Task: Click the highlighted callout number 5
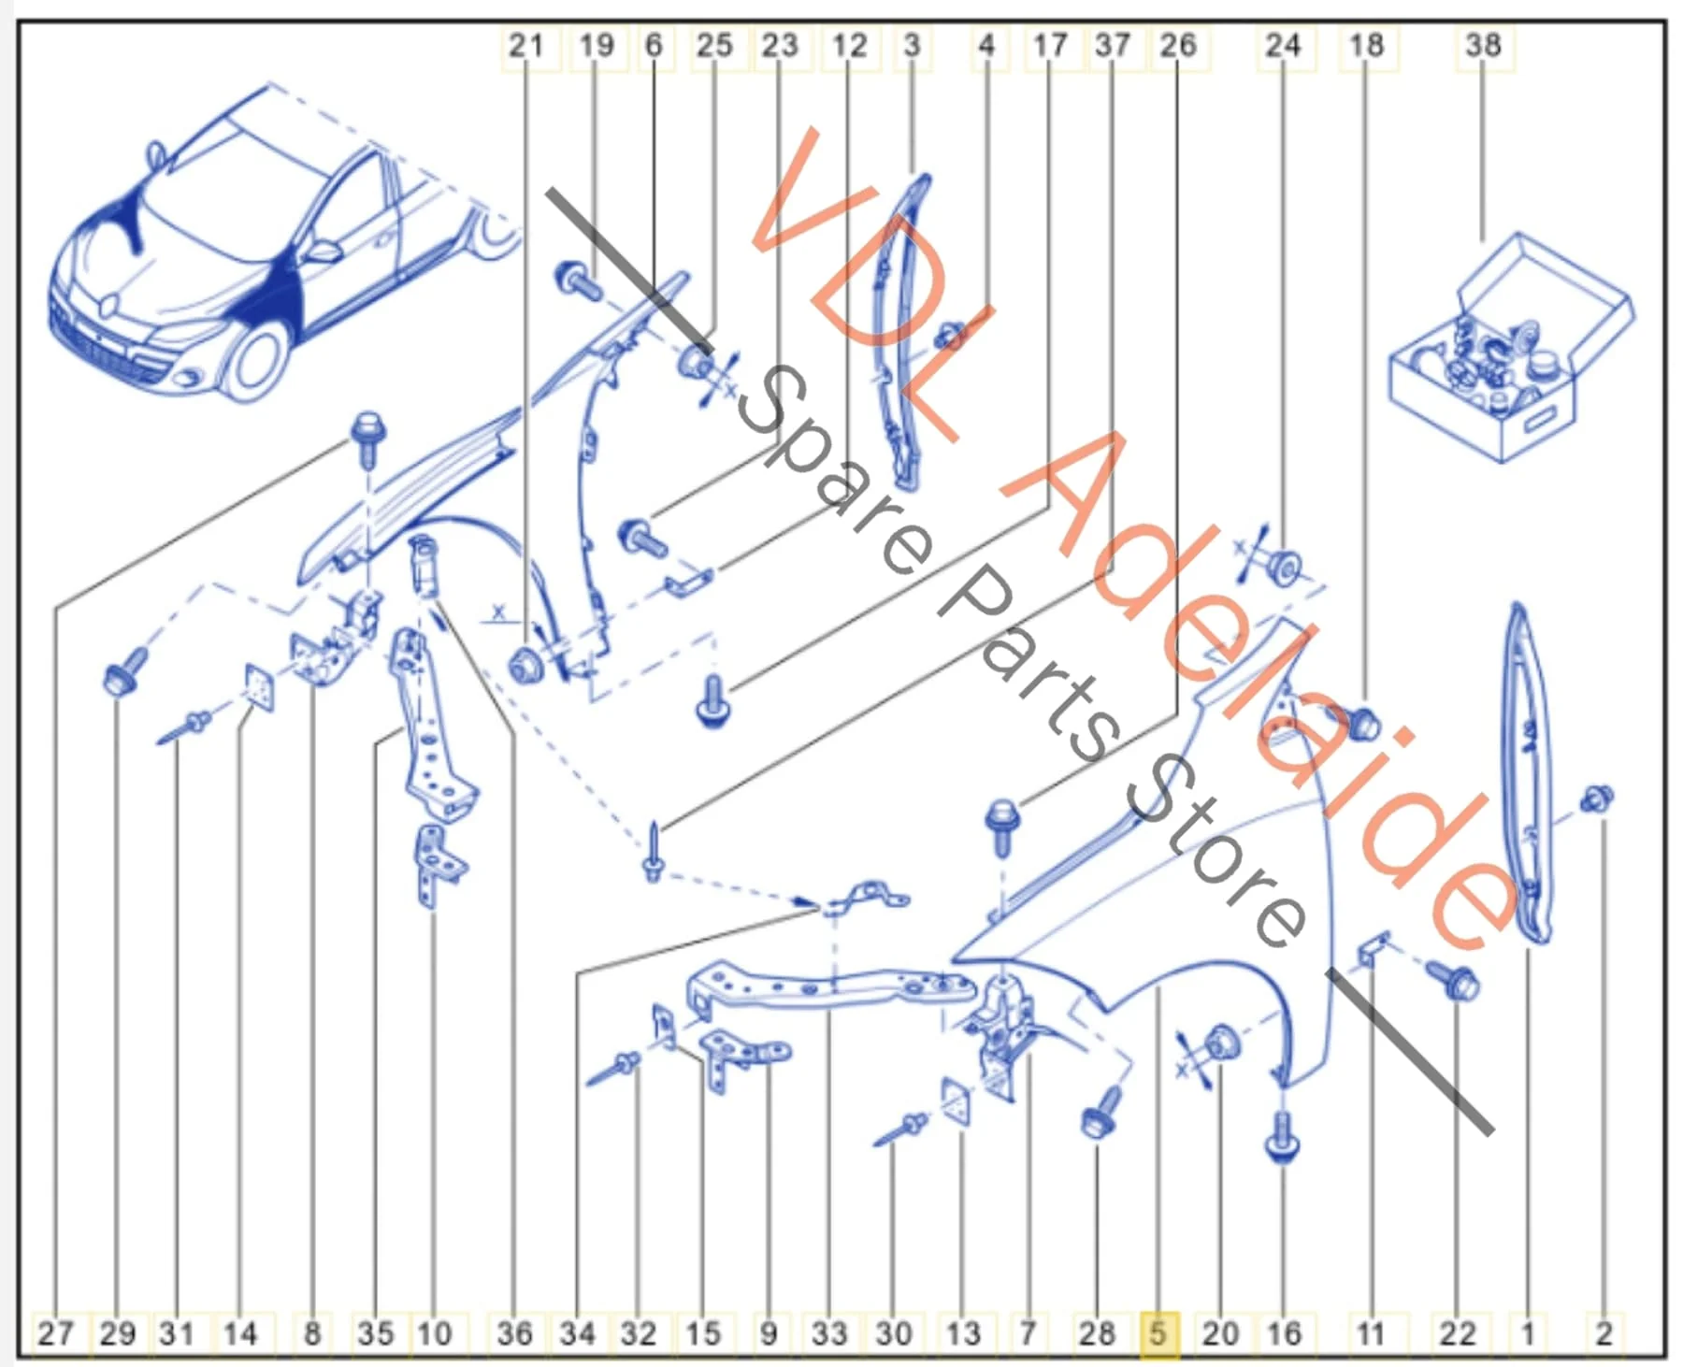pyautogui.click(x=1158, y=1331)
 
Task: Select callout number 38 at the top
pyautogui.click(x=1483, y=45)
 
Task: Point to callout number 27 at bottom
pyautogui.click(x=55, y=1331)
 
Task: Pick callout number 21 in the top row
pyautogui.click(x=525, y=45)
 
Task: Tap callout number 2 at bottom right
pyautogui.click(x=1604, y=1331)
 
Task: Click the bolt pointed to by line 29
pyautogui.click(x=123, y=670)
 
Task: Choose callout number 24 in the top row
pyautogui.click(x=1283, y=45)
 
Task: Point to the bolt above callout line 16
pyautogui.click(x=1282, y=1135)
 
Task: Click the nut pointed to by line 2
pyautogui.click(x=1597, y=799)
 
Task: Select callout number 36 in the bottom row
pyautogui.click(x=514, y=1331)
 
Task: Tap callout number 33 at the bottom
pyautogui.click(x=828, y=1331)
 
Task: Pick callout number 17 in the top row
pyautogui.click(x=1049, y=45)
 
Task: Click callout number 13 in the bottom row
pyautogui.click(x=963, y=1331)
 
